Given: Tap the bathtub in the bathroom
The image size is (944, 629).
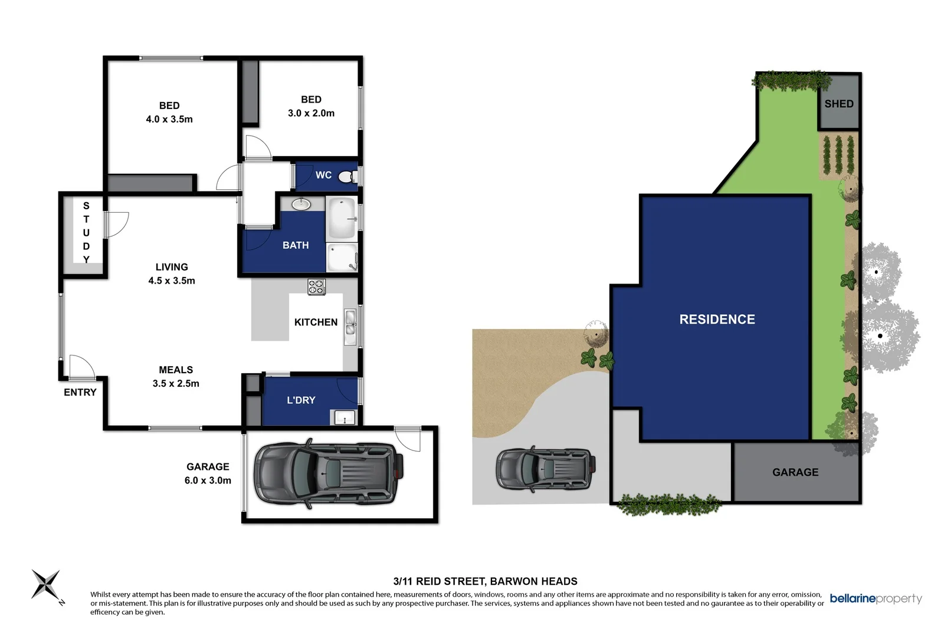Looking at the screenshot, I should click(x=342, y=219).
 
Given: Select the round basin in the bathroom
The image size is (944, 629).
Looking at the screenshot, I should click(x=301, y=205).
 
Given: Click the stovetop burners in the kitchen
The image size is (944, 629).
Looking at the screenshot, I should click(x=316, y=286).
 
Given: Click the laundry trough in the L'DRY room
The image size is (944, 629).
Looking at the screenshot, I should click(x=345, y=418).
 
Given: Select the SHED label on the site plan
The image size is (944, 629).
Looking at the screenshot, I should click(x=838, y=104).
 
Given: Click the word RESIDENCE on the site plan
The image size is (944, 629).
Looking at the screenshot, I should click(x=717, y=320).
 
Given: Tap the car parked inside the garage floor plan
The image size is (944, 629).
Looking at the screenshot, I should click(x=328, y=473).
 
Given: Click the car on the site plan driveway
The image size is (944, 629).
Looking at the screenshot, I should click(x=544, y=469).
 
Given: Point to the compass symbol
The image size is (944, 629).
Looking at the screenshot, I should click(x=46, y=584).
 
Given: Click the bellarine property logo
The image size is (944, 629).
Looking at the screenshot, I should click(x=875, y=599).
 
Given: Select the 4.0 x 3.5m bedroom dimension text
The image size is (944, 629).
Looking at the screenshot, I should click(x=169, y=119).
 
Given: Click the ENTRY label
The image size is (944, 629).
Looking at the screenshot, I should click(x=80, y=393).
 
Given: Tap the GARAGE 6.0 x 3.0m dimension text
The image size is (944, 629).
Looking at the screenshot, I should click(x=208, y=480).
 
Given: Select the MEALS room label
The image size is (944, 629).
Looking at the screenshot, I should click(x=176, y=370).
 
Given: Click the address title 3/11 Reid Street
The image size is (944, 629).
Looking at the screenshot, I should click(x=485, y=581).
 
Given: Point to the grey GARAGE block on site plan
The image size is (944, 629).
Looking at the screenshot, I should click(x=795, y=472).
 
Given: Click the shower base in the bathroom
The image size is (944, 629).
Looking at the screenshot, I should click(x=342, y=258).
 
